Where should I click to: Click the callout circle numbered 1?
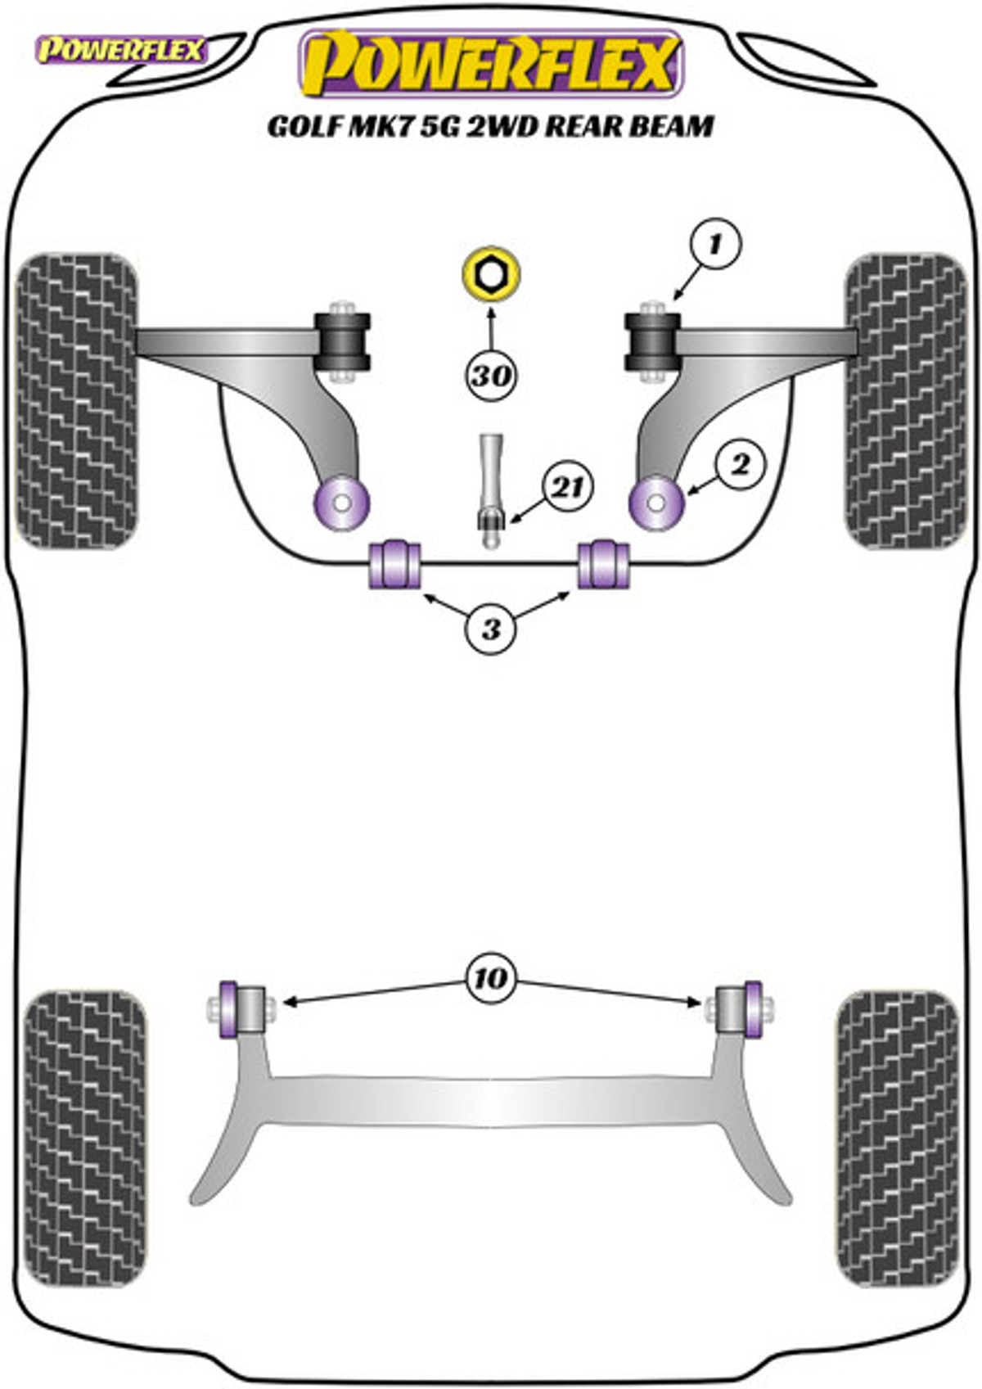(715, 244)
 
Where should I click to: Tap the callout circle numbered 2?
(740, 465)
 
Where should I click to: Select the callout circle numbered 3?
(491, 629)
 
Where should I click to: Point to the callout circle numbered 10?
(491, 978)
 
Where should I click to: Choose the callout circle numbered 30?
(491, 376)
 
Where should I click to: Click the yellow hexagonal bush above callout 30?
(490, 274)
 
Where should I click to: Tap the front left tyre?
(77, 400)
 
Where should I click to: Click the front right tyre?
(906, 400)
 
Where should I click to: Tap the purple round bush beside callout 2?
(656, 503)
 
